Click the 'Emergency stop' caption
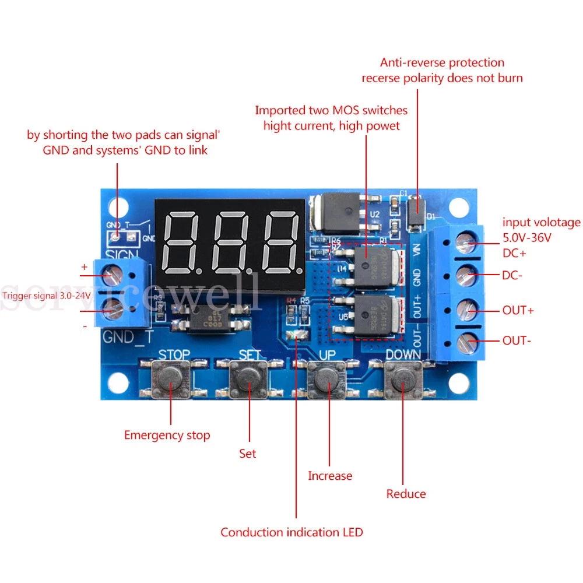pos(167,435)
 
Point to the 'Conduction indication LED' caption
pos(291,532)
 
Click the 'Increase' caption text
pos(330,476)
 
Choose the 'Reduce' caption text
pos(406,494)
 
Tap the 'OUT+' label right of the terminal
pos(518,310)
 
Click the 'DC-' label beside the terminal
pos(512,275)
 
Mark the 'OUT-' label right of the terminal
pos(517,340)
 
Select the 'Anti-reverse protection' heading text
pos(442,62)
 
